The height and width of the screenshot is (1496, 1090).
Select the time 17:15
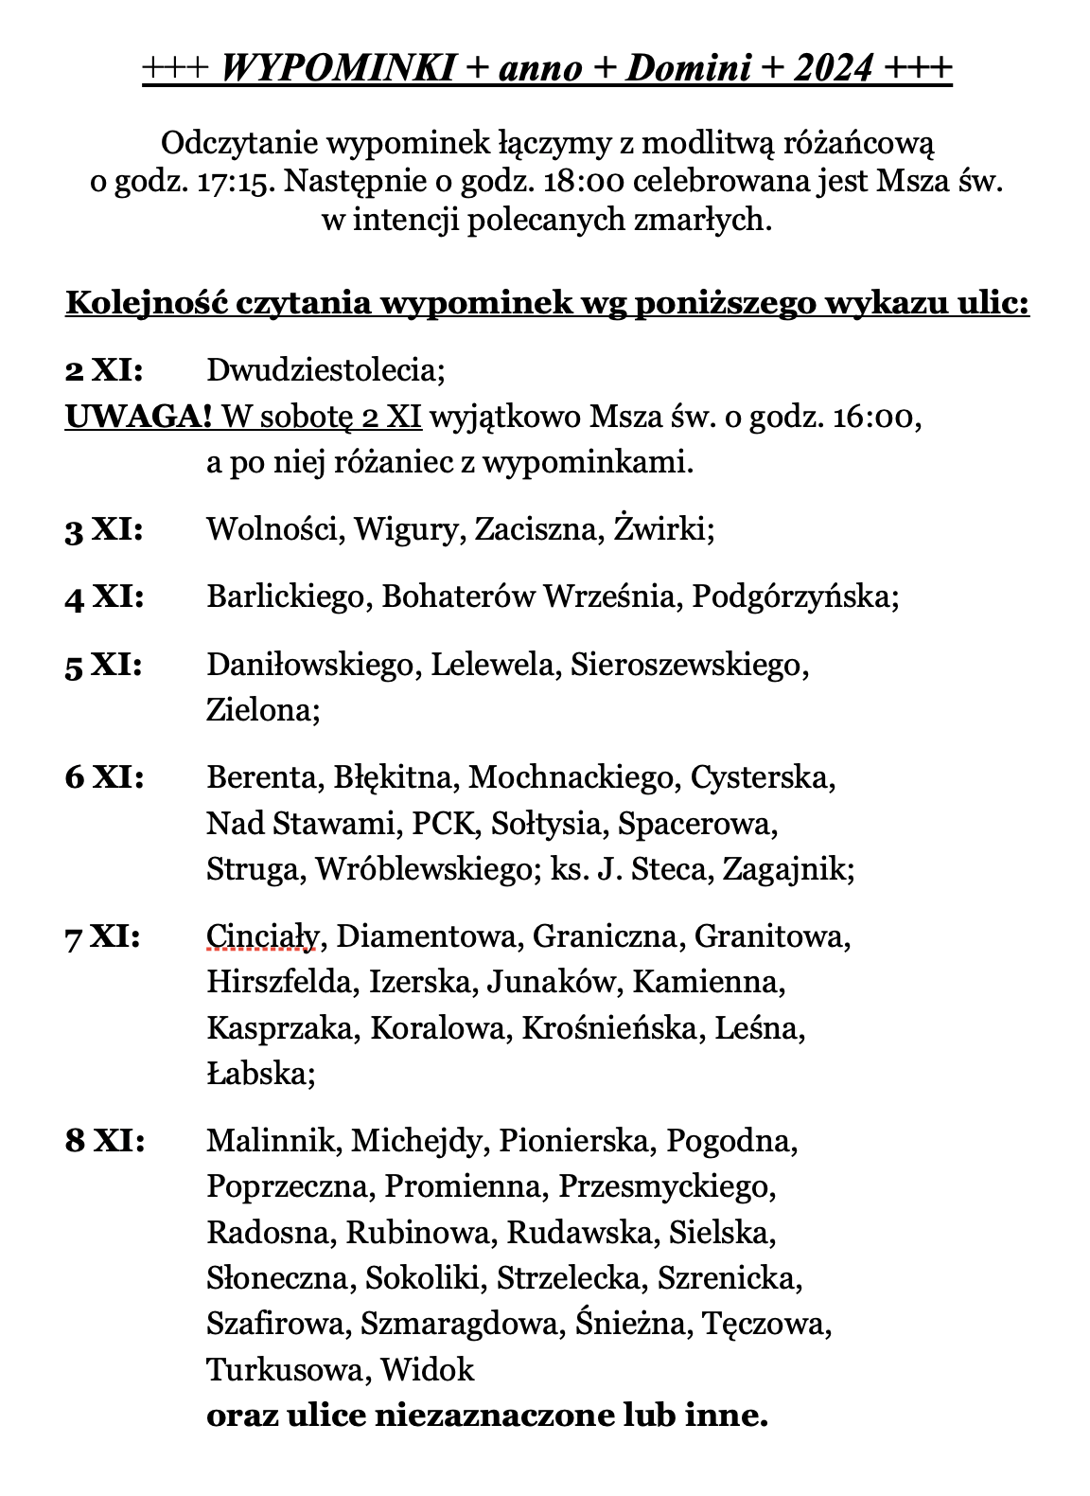tap(237, 181)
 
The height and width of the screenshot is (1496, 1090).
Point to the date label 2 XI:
tap(104, 370)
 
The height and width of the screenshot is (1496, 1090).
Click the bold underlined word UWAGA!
tap(138, 417)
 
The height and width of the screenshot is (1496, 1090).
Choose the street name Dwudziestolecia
tap(325, 370)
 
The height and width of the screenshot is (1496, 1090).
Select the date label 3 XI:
tap(104, 529)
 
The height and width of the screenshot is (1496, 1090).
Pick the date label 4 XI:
tap(104, 597)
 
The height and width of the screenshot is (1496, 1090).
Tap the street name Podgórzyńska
tap(794, 597)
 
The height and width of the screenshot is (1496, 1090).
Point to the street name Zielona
tap(261, 710)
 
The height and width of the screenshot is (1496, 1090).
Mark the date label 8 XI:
tap(104, 1142)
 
